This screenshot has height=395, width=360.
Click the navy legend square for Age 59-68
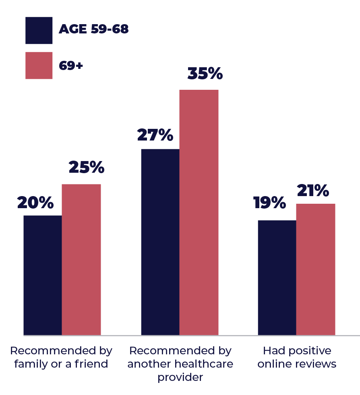tap(39, 30)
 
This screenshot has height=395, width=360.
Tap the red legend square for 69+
tap(39, 65)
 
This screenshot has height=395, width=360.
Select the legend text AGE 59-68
tap(93, 29)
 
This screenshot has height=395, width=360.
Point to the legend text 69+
tap(71, 65)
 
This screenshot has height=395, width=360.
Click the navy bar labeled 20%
tap(43, 275)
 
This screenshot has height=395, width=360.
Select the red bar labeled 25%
tap(81, 259)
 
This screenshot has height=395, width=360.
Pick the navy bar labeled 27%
tap(160, 242)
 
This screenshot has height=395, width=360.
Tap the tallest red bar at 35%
tap(199, 212)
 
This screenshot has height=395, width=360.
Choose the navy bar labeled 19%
tap(277, 277)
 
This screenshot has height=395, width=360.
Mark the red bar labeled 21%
tap(316, 269)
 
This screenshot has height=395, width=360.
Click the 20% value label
tap(35, 203)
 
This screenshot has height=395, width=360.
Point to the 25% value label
tap(86, 168)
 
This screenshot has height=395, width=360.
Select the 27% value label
tap(155, 135)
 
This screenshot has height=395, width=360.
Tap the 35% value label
tap(205, 74)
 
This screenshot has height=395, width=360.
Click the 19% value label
tap(269, 203)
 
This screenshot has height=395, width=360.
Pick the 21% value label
tap(313, 191)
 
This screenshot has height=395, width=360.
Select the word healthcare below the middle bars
tap(204, 364)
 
